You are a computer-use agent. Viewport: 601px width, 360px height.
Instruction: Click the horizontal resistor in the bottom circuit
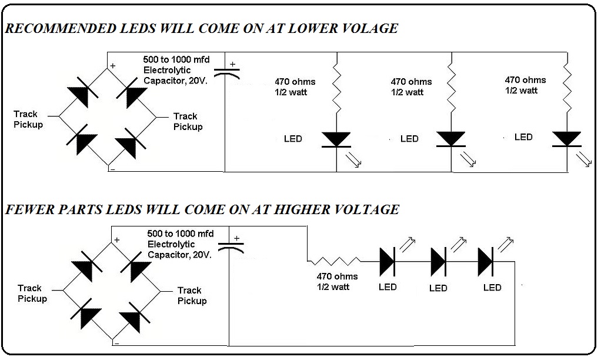(x=333, y=261)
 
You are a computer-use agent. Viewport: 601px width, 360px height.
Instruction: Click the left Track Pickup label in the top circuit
(x=29, y=119)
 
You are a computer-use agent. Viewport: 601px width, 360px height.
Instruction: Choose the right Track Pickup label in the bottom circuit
(x=192, y=295)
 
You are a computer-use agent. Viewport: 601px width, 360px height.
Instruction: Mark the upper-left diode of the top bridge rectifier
(x=81, y=95)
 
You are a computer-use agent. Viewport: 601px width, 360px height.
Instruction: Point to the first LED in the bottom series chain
(x=388, y=261)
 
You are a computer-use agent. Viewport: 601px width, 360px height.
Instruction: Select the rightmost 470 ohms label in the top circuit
(x=525, y=80)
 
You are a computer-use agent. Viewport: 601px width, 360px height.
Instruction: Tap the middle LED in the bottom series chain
(x=439, y=261)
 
